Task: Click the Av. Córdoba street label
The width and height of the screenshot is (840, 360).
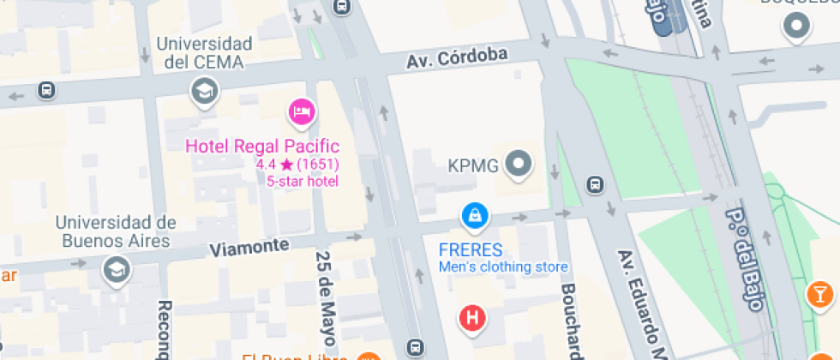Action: coord(457,58)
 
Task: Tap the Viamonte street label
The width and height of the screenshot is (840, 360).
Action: coord(249,247)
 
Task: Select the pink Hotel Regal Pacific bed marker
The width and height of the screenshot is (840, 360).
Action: coord(301,111)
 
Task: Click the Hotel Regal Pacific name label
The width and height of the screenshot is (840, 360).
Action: coord(262,147)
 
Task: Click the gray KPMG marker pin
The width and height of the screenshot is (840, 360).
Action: coord(518,164)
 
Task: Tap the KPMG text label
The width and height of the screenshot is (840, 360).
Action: coord(473,165)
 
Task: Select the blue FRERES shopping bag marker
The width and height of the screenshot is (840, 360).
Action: coord(474,215)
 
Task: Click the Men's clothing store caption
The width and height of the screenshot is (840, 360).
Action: coord(503,267)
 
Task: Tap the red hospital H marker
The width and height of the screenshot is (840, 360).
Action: coord(472,319)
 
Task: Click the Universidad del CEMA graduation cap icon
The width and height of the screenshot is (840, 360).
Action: coord(204,90)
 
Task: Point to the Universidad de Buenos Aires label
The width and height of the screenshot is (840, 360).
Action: coord(116,231)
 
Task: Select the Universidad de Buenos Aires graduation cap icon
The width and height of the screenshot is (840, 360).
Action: coord(115,270)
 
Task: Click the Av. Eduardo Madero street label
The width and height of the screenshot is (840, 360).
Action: coord(642,304)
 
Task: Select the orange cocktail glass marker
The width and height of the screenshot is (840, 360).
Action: coord(820,294)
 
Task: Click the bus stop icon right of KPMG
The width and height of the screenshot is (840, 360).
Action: coord(594,184)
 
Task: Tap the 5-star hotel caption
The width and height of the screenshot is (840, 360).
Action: coord(302,181)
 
